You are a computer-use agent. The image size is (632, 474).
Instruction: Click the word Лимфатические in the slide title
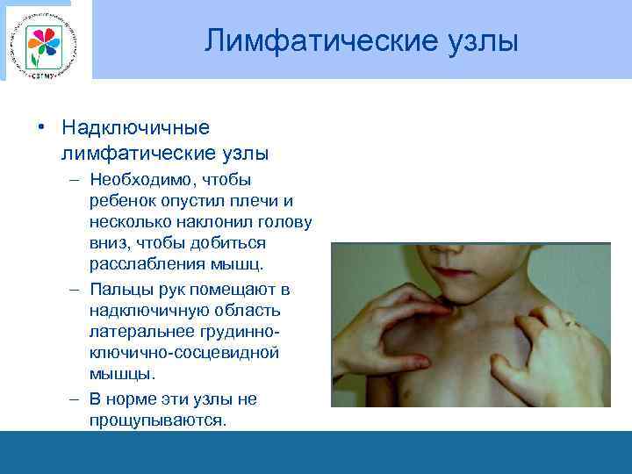tap(300, 40)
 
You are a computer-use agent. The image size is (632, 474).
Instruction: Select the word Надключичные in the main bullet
tap(136, 128)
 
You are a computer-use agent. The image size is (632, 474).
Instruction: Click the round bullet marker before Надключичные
tap(41, 128)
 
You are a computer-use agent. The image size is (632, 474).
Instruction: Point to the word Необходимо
tap(145, 180)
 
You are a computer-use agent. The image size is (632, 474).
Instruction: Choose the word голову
tap(283, 222)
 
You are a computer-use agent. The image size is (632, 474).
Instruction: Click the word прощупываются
tap(157, 420)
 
